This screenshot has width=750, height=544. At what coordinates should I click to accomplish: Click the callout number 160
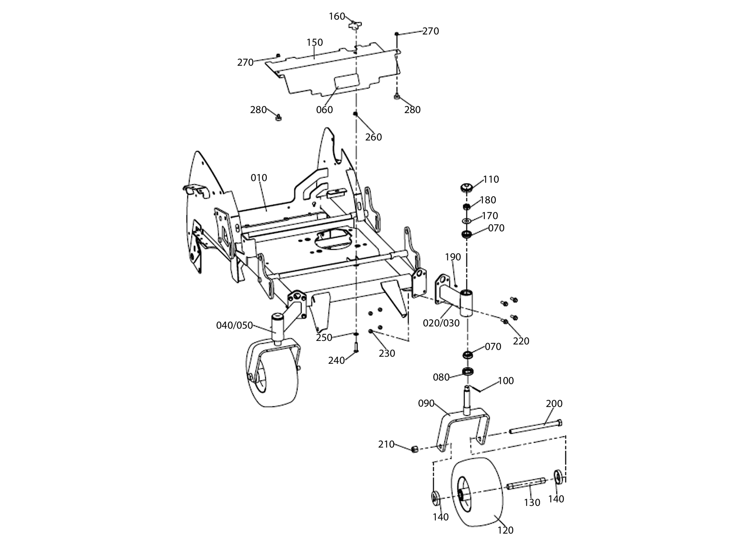point(337,16)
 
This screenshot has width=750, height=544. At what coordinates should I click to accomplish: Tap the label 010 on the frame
point(259,178)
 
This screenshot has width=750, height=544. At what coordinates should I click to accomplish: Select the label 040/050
point(235,325)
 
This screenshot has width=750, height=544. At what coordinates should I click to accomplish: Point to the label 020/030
point(441,323)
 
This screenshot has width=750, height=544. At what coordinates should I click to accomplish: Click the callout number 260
point(373,137)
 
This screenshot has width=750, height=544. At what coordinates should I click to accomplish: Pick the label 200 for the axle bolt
point(554,403)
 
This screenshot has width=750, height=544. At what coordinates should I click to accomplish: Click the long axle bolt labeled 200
point(536,427)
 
